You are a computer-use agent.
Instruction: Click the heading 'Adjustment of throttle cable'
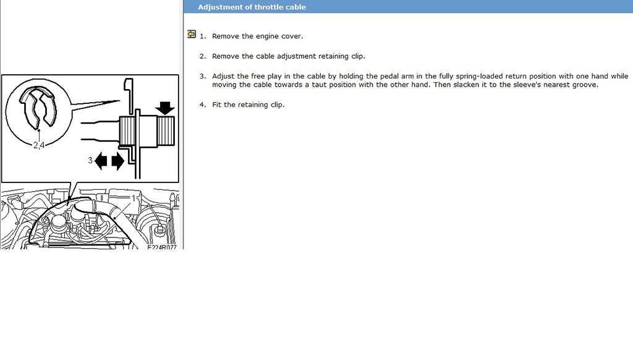tap(252, 7)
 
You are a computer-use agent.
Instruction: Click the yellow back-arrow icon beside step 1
tap(192, 35)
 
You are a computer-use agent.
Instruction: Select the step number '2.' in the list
tap(203, 56)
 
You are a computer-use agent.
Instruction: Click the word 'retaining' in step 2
tap(333, 56)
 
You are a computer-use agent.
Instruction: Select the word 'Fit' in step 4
tap(217, 105)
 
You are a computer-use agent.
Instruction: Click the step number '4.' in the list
tap(203, 105)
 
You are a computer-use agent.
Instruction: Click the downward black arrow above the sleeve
tap(164, 108)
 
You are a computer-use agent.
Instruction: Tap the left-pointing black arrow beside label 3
tap(101, 161)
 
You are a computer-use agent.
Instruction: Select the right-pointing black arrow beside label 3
tap(117, 161)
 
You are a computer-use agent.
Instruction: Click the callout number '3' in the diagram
tap(90, 160)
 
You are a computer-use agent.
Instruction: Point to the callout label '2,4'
tap(39, 145)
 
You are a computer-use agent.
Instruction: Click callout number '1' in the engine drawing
tap(134, 199)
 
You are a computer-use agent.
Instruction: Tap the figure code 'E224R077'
tap(162, 247)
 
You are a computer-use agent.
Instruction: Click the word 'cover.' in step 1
tap(292, 36)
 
